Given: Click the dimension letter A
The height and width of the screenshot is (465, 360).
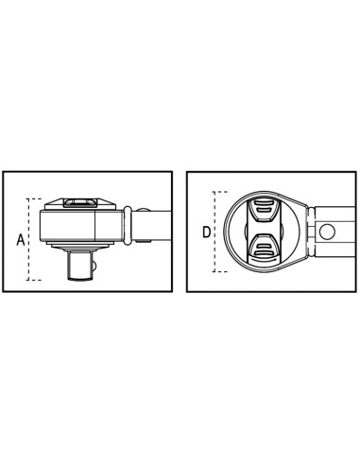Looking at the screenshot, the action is click(x=21, y=240).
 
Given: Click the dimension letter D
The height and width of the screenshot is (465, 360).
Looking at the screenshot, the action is click(x=207, y=232).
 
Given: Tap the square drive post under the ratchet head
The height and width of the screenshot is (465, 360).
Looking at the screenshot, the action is click(x=80, y=266).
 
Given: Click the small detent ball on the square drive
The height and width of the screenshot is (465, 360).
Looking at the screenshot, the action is click(x=94, y=267).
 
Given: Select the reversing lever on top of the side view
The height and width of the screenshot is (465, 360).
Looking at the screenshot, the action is click(x=79, y=202).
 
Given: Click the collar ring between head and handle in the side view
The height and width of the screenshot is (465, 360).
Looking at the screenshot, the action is click(x=127, y=225).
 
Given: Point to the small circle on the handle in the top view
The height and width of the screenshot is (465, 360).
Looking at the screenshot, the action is click(x=327, y=232).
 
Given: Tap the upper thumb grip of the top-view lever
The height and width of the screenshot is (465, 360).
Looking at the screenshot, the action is click(x=264, y=210).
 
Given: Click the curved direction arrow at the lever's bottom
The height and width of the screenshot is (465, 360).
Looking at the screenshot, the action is click(x=264, y=260).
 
